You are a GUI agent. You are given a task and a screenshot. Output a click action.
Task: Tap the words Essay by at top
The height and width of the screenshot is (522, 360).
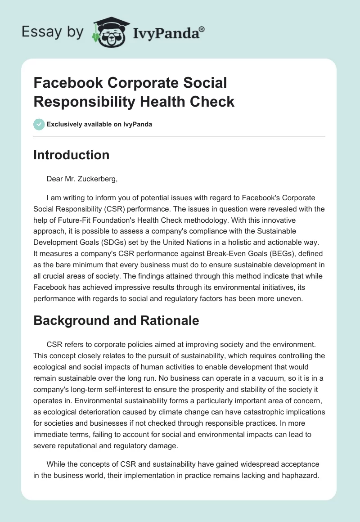pos(53,31)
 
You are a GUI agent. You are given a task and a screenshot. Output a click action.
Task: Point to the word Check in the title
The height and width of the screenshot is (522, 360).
pos(213,101)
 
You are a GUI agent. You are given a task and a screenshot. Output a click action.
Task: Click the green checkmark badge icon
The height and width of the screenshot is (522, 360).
pos(39,124)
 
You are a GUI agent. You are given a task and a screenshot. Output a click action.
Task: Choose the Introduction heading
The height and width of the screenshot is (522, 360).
pos(72,155)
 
